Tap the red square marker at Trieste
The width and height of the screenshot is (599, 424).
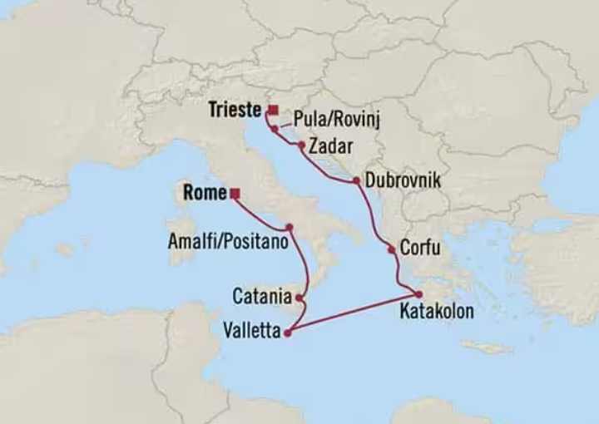[273, 110]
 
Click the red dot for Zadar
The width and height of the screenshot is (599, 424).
[301, 145]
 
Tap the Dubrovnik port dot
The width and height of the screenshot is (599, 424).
[357, 181]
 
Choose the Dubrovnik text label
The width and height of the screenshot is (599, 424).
[403, 180]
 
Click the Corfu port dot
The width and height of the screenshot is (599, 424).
[391, 249]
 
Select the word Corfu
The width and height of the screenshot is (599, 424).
[420, 248]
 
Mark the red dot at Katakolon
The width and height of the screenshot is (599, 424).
[419, 294]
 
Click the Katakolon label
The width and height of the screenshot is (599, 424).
[436, 312]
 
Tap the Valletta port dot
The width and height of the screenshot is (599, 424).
[288, 333]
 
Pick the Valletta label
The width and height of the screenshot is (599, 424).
[250, 330]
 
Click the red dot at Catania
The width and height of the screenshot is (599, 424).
[299, 297]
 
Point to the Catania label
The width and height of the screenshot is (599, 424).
[262, 295]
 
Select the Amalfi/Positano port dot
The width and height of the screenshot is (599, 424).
[289, 227]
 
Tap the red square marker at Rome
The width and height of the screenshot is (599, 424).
[235, 194]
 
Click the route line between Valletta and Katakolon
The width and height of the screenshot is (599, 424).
[354, 313]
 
